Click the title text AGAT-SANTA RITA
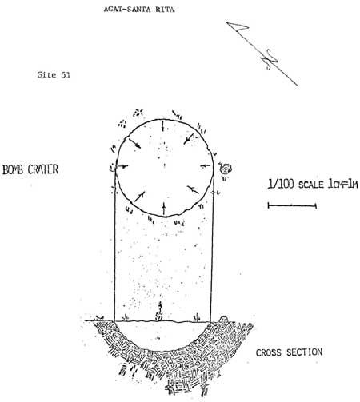(x=139, y=10)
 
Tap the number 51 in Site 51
(x=66, y=75)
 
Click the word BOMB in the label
(x=14, y=169)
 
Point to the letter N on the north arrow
(x=271, y=59)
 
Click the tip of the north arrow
(x=226, y=22)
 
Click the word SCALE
(x=311, y=185)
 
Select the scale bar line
(x=292, y=205)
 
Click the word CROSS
(x=269, y=352)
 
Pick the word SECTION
(x=305, y=352)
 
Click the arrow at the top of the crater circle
(x=163, y=125)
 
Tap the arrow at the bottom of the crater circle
(x=164, y=209)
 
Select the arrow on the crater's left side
(x=122, y=166)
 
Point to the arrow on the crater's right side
(x=206, y=166)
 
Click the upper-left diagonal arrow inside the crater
(x=135, y=143)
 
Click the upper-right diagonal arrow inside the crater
(x=189, y=139)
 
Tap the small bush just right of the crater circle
(x=225, y=169)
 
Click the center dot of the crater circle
(x=164, y=165)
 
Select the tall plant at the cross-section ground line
(x=159, y=311)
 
